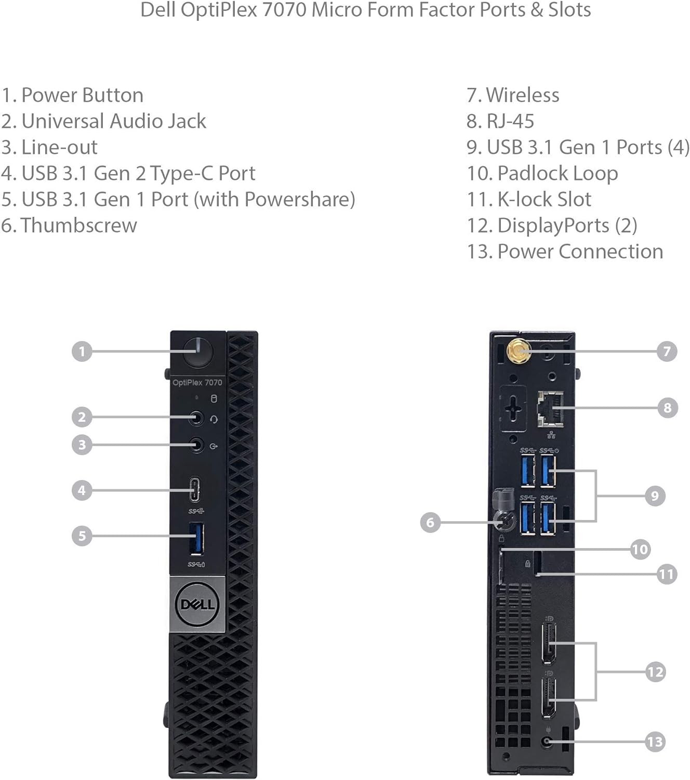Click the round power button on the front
198,351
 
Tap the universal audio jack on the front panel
196,417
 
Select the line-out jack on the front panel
196,445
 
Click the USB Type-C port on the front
196,490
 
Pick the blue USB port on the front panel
197,539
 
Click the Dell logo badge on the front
197,604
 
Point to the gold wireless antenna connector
517,351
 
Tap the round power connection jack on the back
546,742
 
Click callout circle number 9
655,496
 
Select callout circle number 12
655,672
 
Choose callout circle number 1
82,352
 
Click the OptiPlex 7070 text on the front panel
197,383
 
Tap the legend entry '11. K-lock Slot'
529,200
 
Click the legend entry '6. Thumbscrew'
69,226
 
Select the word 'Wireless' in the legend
523,95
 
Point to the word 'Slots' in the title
569,10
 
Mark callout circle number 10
640,549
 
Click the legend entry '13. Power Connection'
565,252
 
